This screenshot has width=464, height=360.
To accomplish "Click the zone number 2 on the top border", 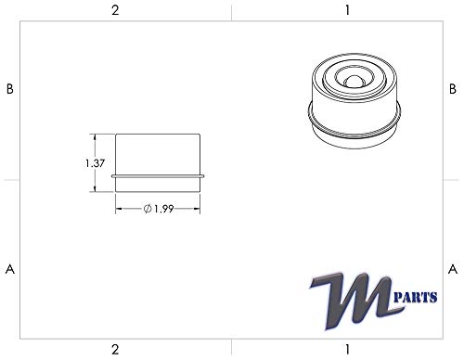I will tap(115, 10).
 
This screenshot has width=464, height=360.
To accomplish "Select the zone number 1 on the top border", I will tap(346, 10).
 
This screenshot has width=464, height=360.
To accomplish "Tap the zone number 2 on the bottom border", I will tap(115, 349).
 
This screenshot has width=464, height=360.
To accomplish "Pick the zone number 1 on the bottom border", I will tap(346, 349).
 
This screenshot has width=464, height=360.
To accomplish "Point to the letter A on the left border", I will tap(10, 269).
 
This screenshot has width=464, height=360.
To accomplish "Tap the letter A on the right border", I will tap(452, 269).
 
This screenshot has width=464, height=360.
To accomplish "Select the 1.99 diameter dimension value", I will tap(164, 210).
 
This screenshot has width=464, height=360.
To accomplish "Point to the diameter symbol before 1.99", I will tap(148, 210).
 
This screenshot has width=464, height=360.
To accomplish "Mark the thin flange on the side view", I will tap(159, 174).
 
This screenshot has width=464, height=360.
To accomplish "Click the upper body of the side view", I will tap(159, 153).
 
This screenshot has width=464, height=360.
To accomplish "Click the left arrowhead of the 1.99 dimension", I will tap(118, 210).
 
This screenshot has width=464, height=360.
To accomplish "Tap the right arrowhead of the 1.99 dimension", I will tap(200, 210).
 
